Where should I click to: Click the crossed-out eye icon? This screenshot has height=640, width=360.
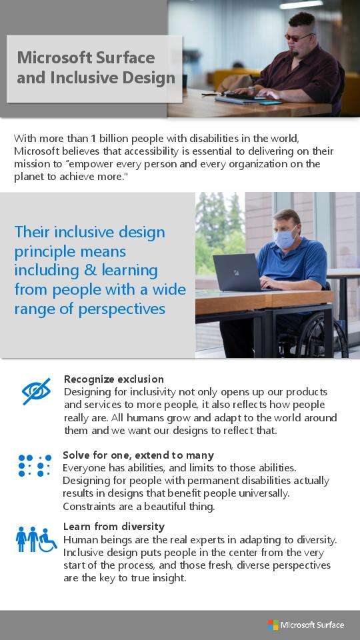click(x=36, y=391)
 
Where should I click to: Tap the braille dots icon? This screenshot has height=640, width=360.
click(x=35, y=465)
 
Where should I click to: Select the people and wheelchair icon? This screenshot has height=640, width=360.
click(x=36, y=539)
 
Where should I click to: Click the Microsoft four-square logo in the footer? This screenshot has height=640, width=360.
click(x=273, y=625)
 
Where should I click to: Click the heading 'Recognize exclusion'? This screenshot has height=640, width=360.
click(x=114, y=379)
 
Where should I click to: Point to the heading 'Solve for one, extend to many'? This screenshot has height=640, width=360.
click(x=139, y=455)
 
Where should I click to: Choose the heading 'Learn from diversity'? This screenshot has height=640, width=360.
click(x=114, y=527)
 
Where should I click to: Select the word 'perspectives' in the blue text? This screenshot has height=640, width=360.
click(x=121, y=309)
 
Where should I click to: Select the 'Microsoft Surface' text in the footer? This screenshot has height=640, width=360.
click(x=312, y=625)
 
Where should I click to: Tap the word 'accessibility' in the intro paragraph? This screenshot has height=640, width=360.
click(x=151, y=151)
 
